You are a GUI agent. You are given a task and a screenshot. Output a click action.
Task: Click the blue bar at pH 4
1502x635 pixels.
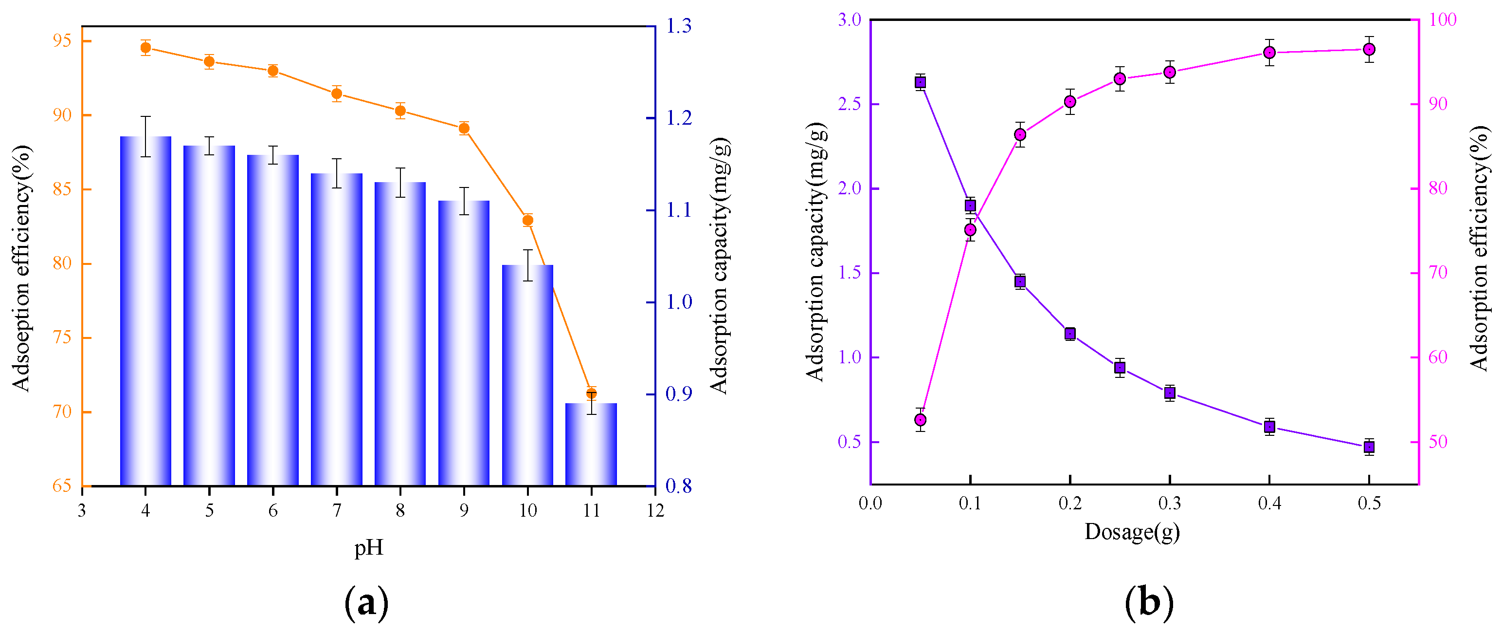click(x=146, y=309)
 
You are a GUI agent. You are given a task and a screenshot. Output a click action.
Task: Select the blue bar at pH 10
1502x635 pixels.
click(x=528, y=374)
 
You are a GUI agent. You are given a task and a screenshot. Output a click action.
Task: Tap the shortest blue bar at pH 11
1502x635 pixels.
click(x=591, y=444)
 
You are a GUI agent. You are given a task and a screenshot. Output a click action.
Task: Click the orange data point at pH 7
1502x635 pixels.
click(x=336, y=93)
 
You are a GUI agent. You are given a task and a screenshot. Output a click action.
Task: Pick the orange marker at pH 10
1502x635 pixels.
click(x=528, y=220)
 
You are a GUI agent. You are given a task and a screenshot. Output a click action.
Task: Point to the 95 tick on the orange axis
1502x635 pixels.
click(x=62, y=41)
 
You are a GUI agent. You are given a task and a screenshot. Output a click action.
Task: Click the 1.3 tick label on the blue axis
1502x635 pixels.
click(x=679, y=26)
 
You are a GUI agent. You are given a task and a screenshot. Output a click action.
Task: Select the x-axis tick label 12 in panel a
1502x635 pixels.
click(x=655, y=511)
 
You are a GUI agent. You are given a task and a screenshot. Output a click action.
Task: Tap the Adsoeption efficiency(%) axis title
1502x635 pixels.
click(x=21, y=268)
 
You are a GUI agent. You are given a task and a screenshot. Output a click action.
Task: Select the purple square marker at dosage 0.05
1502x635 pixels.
click(x=920, y=82)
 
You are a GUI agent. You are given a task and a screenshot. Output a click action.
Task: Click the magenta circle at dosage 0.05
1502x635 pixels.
click(x=920, y=420)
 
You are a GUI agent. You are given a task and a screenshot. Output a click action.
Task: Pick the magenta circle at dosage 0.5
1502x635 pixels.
click(x=1369, y=50)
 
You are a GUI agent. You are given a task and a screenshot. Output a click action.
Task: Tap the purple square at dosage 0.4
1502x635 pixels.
click(x=1269, y=427)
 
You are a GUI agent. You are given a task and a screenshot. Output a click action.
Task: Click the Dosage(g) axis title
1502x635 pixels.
click(x=1132, y=532)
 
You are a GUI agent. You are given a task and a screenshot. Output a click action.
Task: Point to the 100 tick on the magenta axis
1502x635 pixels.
click(x=1443, y=20)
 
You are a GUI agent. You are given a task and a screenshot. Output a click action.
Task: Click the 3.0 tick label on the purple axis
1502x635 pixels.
click(x=850, y=20)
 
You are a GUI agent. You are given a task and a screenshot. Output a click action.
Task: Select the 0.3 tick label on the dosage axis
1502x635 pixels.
click(x=1169, y=503)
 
